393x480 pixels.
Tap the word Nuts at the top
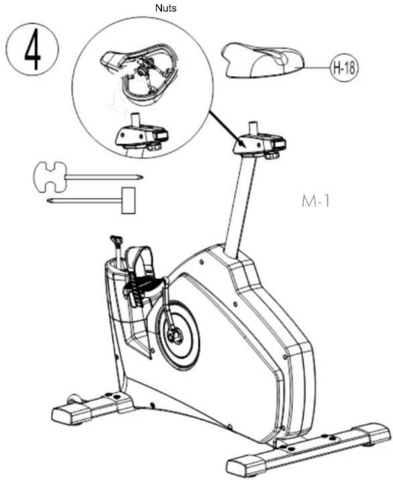tap(166, 8)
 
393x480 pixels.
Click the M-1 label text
tap(316, 201)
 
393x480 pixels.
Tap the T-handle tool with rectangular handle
tap(92, 200)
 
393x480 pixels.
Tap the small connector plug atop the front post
tap(116, 238)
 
